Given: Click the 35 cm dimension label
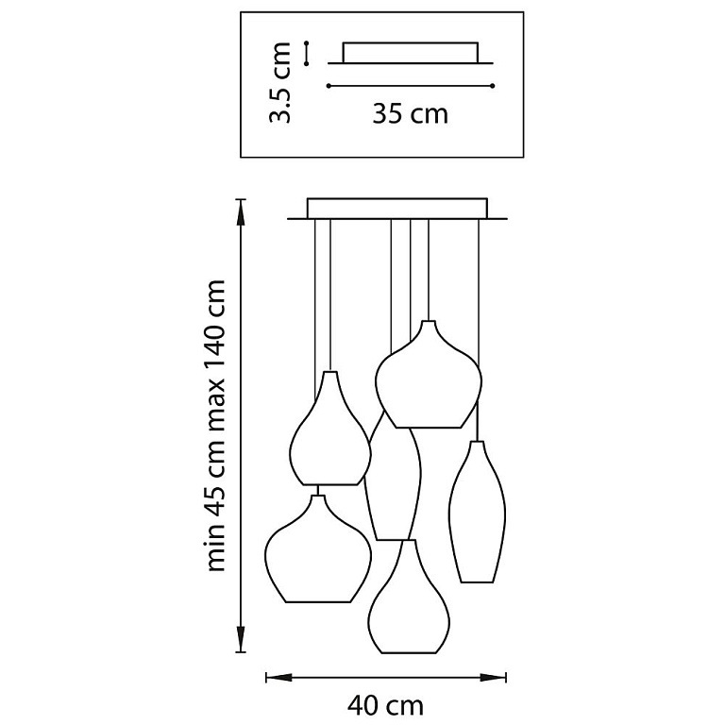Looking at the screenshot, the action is click(x=410, y=113).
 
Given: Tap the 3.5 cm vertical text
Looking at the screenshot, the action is click(x=280, y=83).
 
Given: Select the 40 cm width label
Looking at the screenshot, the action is click(x=385, y=705).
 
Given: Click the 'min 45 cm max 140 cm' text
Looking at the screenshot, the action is click(x=215, y=426).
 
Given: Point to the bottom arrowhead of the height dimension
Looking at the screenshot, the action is click(x=241, y=640).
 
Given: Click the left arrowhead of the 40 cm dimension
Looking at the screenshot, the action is click(x=278, y=678).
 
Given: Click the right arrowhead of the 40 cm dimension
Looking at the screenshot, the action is click(x=494, y=678).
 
